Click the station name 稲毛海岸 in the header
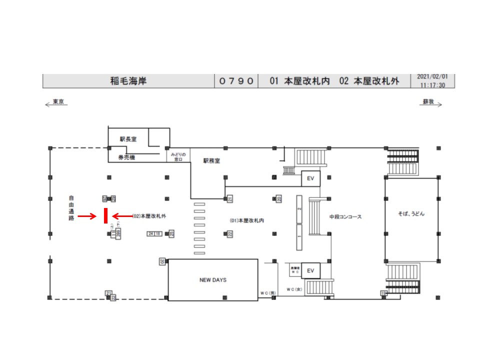(x=128, y=81)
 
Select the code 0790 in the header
(x=236, y=81)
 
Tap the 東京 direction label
(x=58, y=102)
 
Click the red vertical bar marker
(x=105, y=216)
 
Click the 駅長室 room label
(x=128, y=139)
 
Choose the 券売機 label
(x=126, y=157)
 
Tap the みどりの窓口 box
(x=178, y=157)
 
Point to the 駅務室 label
(x=211, y=161)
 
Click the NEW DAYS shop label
(x=212, y=280)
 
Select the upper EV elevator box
(x=310, y=178)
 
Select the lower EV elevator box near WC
(x=310, y=271)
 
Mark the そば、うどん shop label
(x=411, y=213)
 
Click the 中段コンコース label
(x=345, y=217)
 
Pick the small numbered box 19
(x=383, y=292)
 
